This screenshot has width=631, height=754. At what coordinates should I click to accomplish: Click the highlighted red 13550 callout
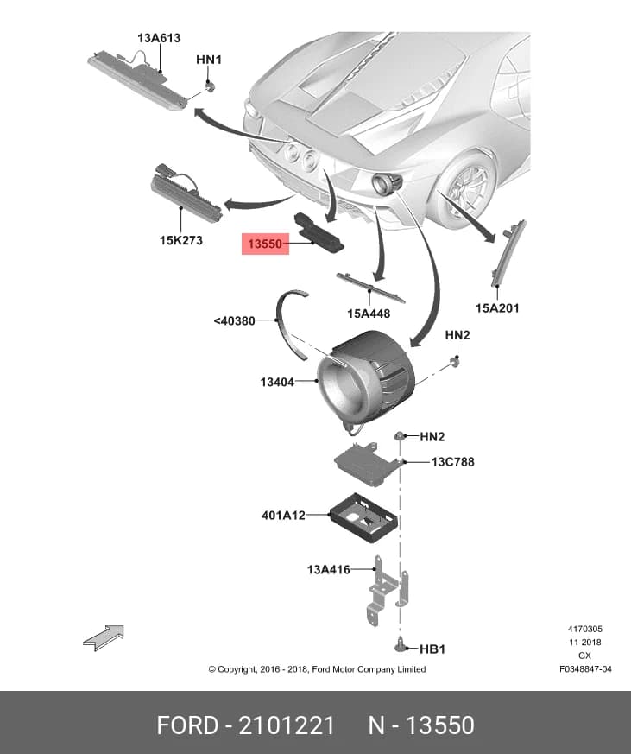(265, 244)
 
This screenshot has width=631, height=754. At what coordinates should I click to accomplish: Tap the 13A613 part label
(159, 38)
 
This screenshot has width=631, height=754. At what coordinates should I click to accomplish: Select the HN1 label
(209, 60)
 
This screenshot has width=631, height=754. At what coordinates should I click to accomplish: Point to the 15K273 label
(181, 240)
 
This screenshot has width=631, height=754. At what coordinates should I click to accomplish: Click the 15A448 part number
(369, 314)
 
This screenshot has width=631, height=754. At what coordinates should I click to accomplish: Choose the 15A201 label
(497, 307)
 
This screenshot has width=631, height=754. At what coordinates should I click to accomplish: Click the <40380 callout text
(235, 320)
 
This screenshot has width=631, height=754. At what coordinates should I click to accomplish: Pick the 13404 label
(277, 383)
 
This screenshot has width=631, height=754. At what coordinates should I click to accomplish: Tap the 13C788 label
(452, 462)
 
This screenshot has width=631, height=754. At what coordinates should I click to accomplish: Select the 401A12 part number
(283, 516)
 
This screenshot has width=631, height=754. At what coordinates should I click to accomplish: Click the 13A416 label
(329, 570)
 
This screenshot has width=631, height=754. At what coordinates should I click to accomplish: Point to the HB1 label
(432, 649)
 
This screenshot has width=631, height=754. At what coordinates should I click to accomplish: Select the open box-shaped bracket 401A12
(363, 517)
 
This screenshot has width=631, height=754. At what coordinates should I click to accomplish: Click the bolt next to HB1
(400, 645)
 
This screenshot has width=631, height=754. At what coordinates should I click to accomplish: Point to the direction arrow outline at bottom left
(104, 637)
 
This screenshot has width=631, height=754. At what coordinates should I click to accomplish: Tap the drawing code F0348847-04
(585, 668)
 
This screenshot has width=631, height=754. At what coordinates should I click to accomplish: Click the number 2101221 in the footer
(287, 725)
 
